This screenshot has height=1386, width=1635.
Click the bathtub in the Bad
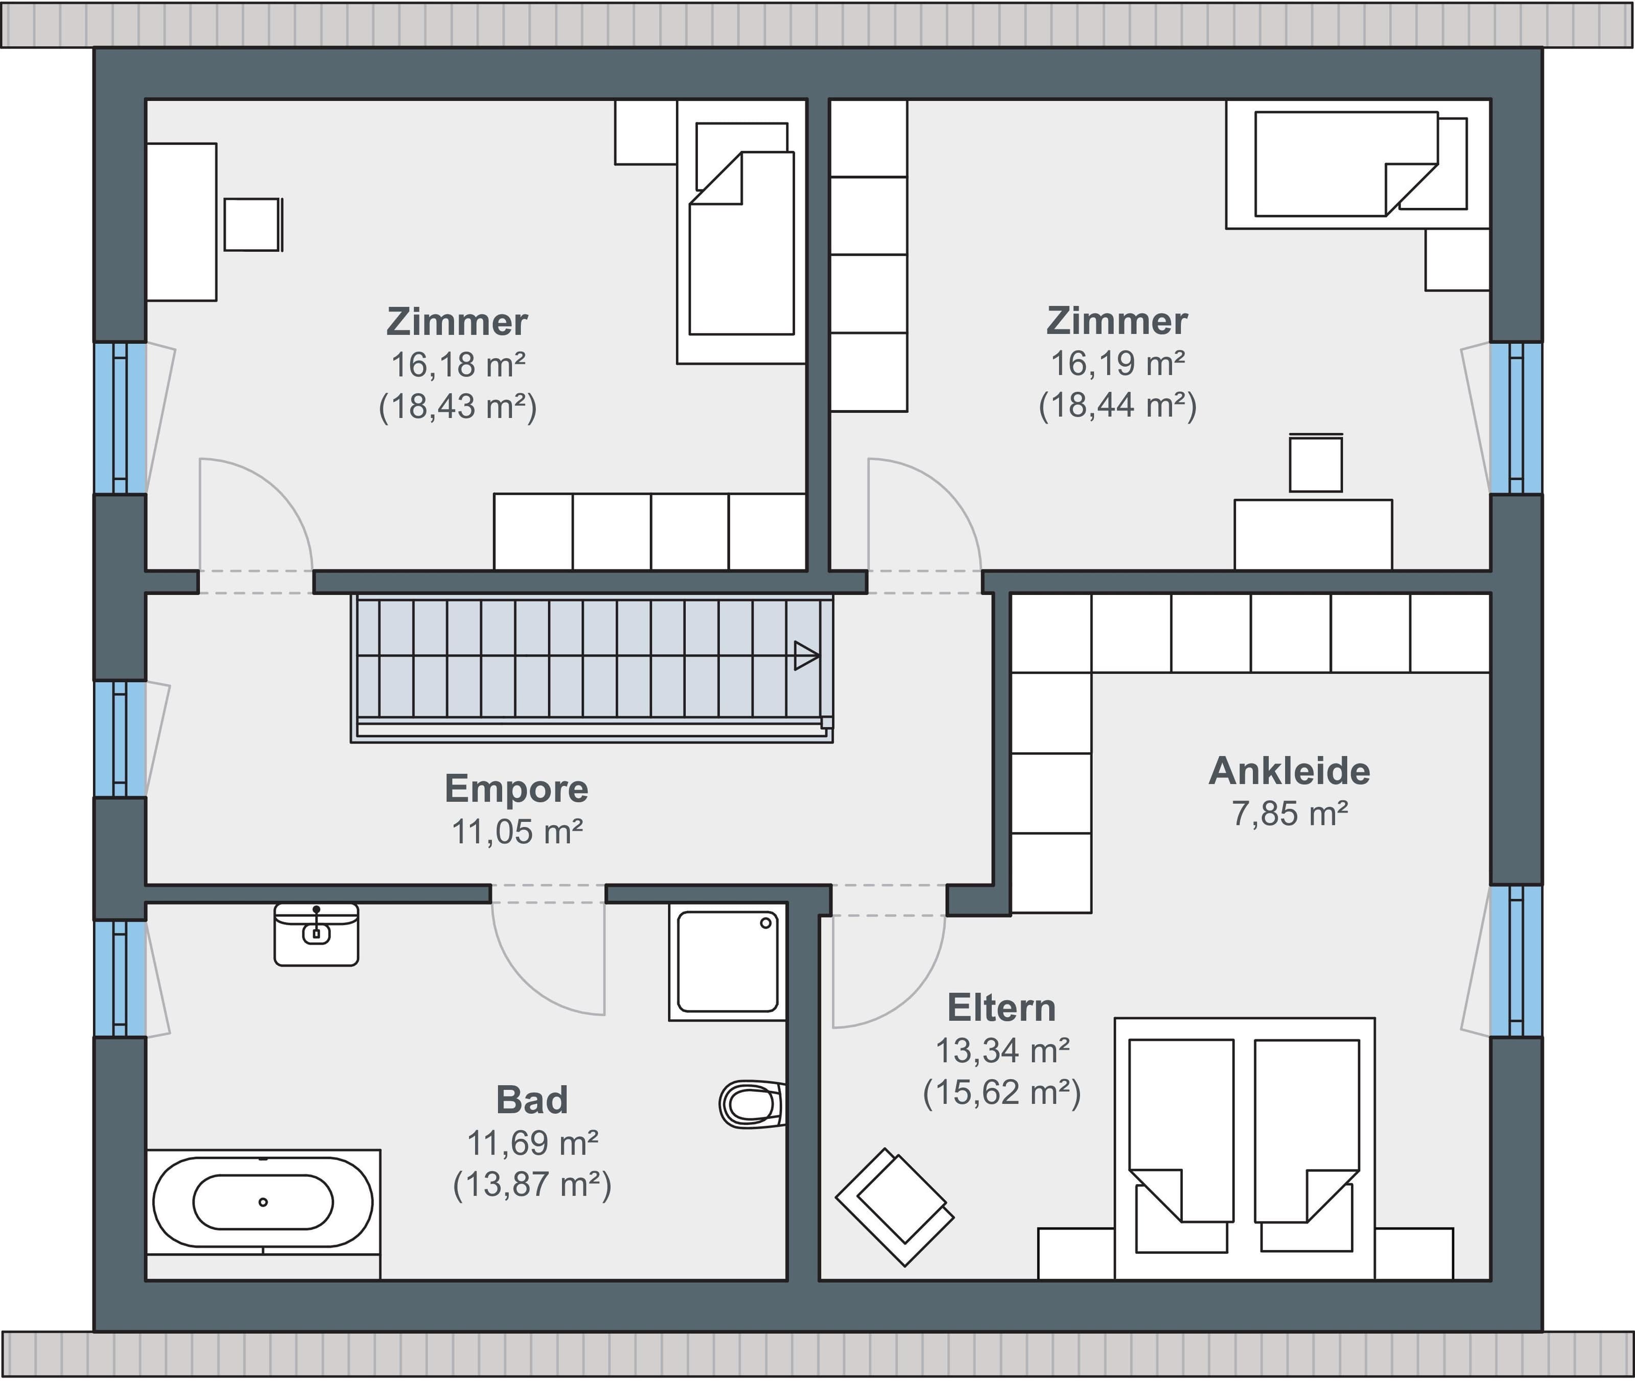[x=263, y=1202]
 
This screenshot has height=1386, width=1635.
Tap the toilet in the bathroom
[x=752, y=1105]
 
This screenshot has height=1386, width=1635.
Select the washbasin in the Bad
[x=316, y=934]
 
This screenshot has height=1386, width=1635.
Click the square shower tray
[x=727, y=962]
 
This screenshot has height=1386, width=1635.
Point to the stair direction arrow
[x=806, y=655]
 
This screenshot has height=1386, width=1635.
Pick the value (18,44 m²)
[x=1118, y=406]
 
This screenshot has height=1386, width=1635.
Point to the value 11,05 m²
[x=517, y=831]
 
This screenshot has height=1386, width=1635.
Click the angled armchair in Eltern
[x=895, y=1207]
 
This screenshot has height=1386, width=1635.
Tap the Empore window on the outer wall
[x=120, y=739]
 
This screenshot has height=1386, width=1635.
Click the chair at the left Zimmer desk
[x=253, y=225]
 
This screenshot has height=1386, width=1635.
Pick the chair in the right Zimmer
[x=1316, y=463]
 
